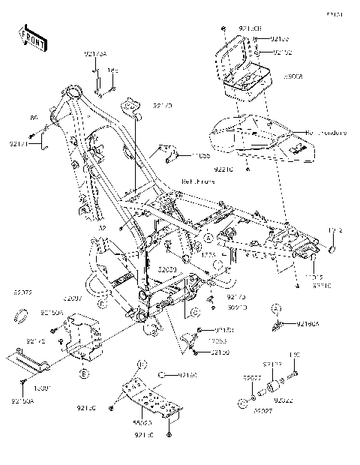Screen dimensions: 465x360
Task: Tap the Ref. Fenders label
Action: pyautogui.click(x=325, y=133)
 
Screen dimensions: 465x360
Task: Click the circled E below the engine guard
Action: pyautogui.click(x=84, y=373)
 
